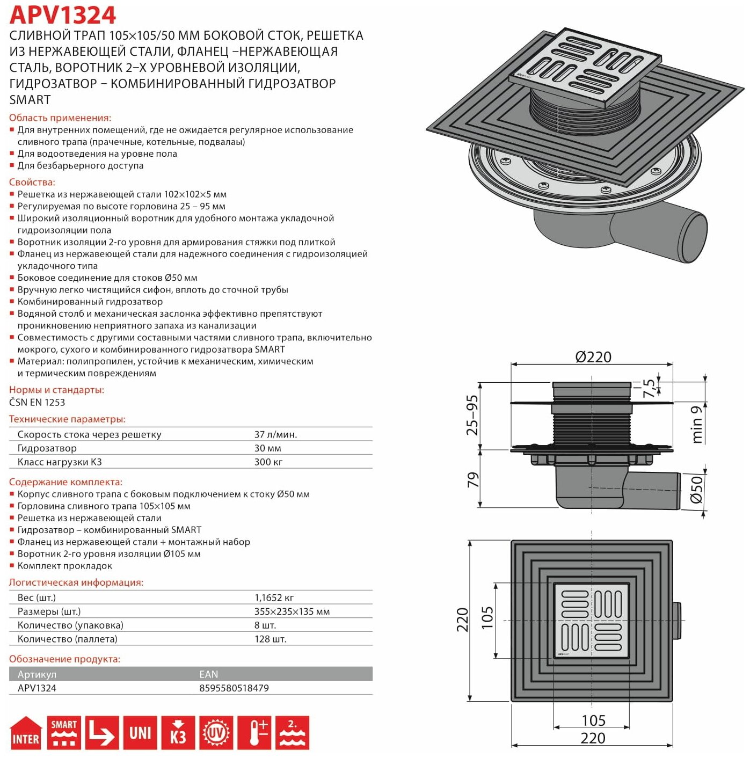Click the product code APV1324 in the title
pos(63,15)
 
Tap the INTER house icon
pos(25,732)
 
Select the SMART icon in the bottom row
pos(64,732)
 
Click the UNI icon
pos(140,732)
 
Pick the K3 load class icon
pos(178,732)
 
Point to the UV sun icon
pos(216,732)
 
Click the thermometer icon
pos(254,732)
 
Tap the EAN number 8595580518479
pos(234,688)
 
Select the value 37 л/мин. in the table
pos(275,434)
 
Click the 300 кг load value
pos(268,462)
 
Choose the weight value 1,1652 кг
pos(274,597)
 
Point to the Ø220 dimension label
pos(593,357)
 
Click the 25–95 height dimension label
pos(472,415)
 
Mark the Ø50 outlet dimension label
pos(696,489)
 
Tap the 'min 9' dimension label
pos(697,424)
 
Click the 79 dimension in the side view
pos(472,479)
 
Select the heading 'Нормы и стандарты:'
pos(56,390)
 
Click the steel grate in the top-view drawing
pos(591,620)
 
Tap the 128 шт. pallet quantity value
pos(271,639)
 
